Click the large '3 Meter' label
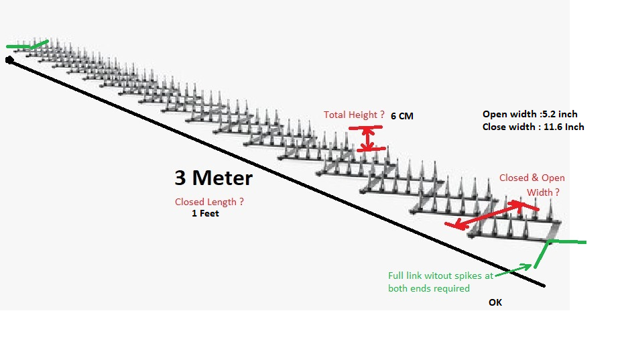[x=213, y=178]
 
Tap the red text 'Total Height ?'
[x=354, y=115]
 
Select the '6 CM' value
[x=402, y=116]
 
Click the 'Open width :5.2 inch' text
[x=529, y=114]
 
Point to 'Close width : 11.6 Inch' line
[x=533, y=127]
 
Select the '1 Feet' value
[x=205, y=214]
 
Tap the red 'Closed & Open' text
[x=532, y=178]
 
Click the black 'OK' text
[x=495, y=302]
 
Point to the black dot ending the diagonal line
[x=9, y=60]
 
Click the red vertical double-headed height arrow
[x=367, y=138]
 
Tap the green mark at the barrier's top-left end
[x=27, y=45]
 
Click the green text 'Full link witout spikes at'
[x=441, y=276]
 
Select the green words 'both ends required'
[x=429, y=288]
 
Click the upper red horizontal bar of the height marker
[x=365, y=127]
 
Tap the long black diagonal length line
[x=268, y=170]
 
